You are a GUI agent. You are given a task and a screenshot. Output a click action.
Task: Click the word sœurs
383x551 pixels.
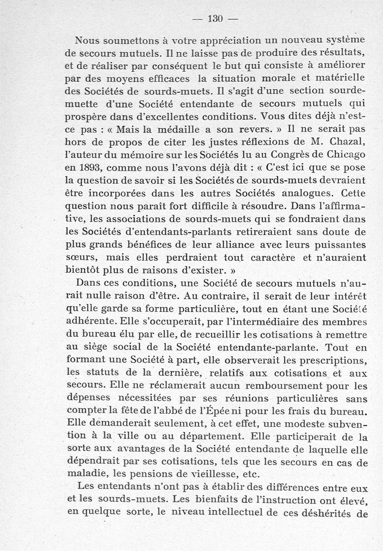click(x=78, y=257)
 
